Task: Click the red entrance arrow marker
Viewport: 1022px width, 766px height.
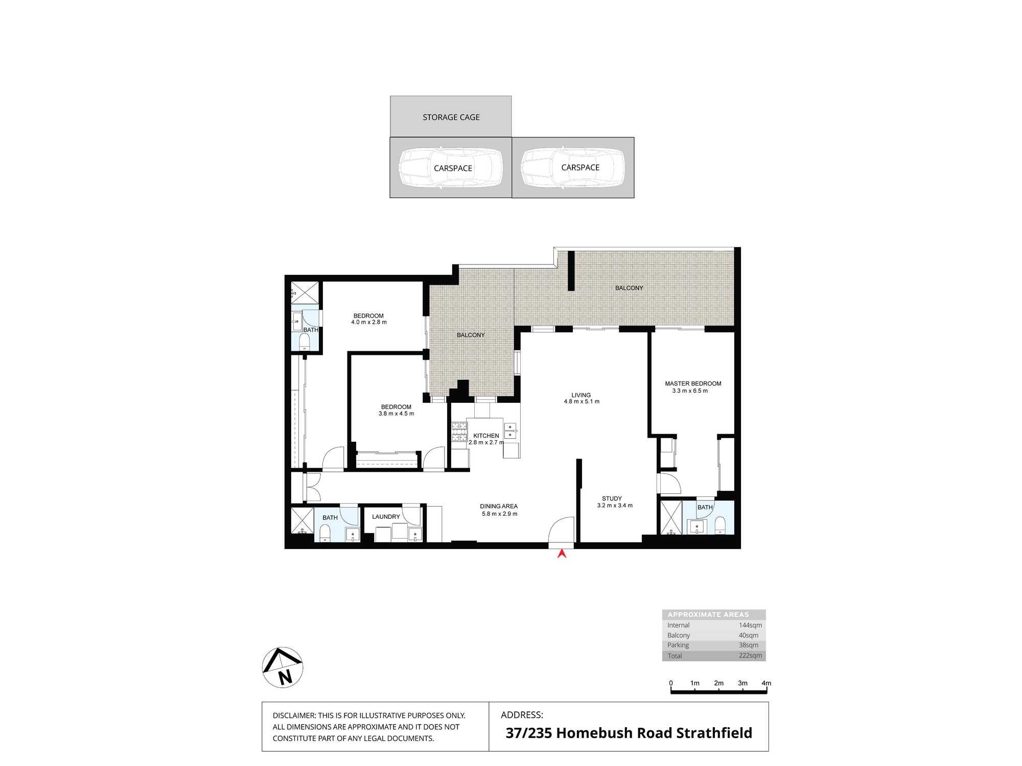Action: [562, 553]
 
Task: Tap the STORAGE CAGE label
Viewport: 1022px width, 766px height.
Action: [451, 117]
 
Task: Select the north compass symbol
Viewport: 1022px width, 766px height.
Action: [283, 667]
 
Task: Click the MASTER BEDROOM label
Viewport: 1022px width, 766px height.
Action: [693, 384]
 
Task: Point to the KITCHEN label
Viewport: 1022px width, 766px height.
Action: [486, 436]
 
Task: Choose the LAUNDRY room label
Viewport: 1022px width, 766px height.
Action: [386, 517]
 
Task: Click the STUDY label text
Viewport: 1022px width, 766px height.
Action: [612, 498]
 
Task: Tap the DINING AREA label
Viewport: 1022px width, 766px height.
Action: [499, 507]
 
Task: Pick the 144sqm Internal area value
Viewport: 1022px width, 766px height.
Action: [750, 625]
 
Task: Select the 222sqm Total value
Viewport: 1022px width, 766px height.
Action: [750, 656]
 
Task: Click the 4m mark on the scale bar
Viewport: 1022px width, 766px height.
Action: [766, 683]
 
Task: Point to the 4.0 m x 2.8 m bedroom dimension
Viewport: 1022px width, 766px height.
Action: [369, 322]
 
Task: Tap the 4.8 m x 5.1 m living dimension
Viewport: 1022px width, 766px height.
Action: [582, 401]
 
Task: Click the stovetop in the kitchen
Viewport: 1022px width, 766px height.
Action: [459, 432]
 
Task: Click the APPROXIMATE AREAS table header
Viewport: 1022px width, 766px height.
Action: [708, 615]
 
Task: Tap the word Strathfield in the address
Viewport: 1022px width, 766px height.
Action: [714, 733]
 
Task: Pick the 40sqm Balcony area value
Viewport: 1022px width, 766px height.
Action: [749, 635]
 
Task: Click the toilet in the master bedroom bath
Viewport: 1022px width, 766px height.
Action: [720, 525]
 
